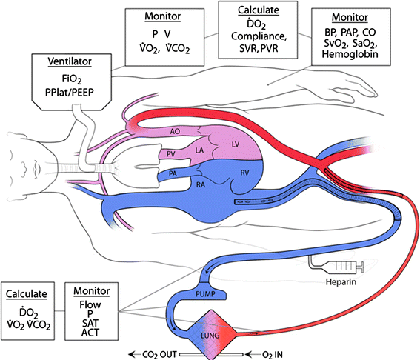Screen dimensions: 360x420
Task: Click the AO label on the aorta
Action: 176,131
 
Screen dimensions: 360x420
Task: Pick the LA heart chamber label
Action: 200,150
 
